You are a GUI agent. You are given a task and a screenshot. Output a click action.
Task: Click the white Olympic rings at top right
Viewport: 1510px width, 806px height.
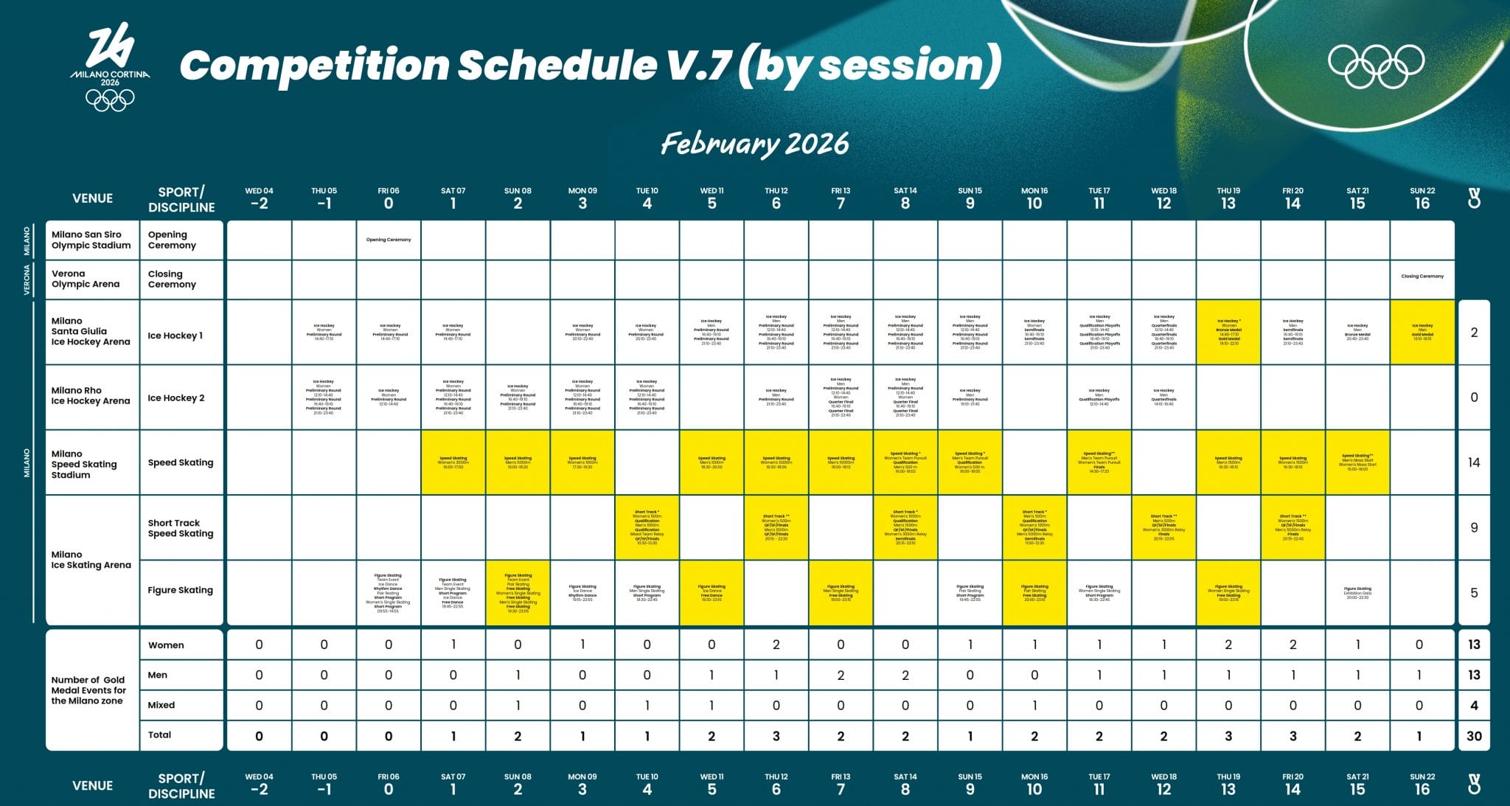1376,65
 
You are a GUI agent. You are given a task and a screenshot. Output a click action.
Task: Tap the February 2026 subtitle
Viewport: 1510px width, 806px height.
754,143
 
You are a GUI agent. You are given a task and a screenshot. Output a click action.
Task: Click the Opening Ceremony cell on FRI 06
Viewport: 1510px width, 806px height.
389,240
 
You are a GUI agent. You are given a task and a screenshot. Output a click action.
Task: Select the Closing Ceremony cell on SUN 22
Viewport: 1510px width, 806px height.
1422,277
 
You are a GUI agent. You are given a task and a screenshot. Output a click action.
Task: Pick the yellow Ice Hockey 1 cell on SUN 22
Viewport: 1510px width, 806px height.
1422,332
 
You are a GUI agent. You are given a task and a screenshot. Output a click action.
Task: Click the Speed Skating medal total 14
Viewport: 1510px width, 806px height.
1473,462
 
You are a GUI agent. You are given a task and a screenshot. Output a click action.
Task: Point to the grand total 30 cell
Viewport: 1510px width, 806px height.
1473,736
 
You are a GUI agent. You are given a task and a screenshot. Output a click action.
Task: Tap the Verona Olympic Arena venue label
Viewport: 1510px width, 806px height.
86,279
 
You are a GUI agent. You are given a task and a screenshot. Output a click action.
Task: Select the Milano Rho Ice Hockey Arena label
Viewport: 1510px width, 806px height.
90,396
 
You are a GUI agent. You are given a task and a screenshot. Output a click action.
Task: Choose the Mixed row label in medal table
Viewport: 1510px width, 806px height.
161,705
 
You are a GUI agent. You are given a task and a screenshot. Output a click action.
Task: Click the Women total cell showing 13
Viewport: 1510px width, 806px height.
1473,645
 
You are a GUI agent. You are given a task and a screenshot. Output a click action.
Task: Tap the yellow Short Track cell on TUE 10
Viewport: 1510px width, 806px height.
647,527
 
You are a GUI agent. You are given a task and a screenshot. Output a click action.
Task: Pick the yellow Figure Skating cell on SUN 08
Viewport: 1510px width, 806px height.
518,593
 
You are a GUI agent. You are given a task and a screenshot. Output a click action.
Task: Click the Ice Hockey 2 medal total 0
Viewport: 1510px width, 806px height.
1473,397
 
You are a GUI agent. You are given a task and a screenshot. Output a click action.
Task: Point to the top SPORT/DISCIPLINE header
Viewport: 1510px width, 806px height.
181,199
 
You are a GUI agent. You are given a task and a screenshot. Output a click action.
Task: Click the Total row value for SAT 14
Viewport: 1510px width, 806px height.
905,736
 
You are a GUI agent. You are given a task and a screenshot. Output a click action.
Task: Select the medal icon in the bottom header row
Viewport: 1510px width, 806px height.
1473,785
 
